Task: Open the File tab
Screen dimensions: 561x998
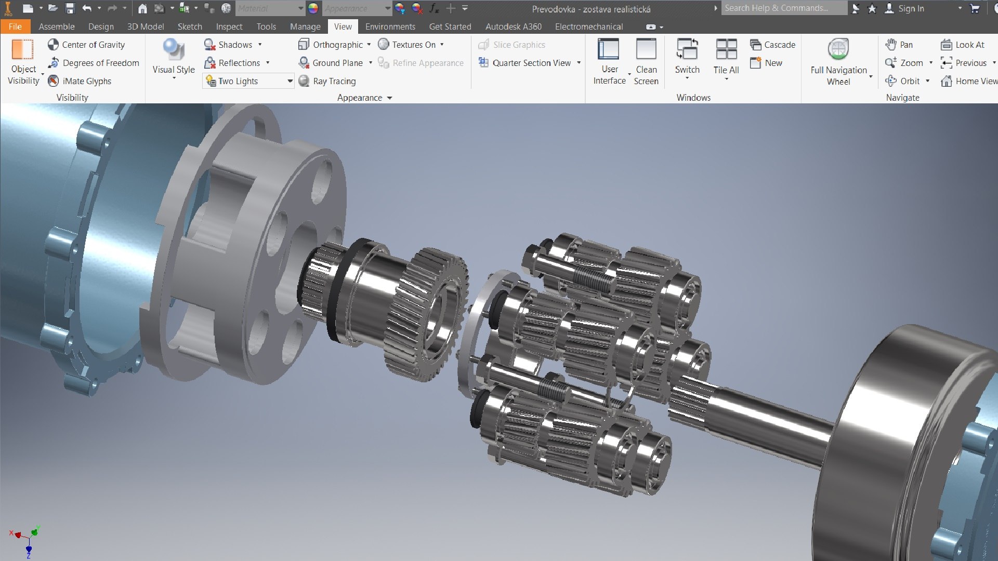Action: (x=15, y=26)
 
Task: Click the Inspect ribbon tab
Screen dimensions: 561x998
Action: (x=229, y=26)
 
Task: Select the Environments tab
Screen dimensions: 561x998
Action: (x=390, y=26)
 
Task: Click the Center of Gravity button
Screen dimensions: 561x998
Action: (x=87, y=45)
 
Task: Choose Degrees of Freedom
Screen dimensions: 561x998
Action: (x=94, y=63)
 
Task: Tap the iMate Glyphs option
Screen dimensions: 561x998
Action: (x=80, y=81)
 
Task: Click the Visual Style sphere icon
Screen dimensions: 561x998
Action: (x=173, y=50)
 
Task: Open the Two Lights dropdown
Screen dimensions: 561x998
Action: (x=290, y=81)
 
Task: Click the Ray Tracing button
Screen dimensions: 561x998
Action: (x=327, y=81)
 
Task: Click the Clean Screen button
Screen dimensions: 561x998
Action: (x=646, y=61)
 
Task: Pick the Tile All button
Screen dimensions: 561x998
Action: (x=726, y=57)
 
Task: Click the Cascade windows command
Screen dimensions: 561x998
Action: (x=773, y=45)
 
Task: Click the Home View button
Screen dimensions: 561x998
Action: (x=969, y=81)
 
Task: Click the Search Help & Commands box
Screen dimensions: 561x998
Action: (x=782, y=8)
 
